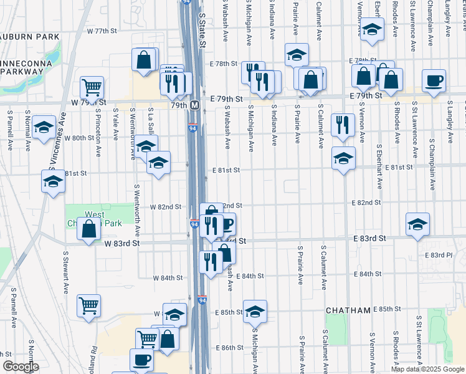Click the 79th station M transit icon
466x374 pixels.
[194, 105]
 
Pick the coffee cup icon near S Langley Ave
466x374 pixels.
[434, 80]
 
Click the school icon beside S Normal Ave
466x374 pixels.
[44, 127]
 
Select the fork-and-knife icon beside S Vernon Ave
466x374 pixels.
[343, 124]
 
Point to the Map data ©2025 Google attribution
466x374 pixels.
[427, 369]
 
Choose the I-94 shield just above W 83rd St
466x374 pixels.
[193, 223]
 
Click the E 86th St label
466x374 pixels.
[229, 347]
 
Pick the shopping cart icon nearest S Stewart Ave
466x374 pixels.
[88, 305]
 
